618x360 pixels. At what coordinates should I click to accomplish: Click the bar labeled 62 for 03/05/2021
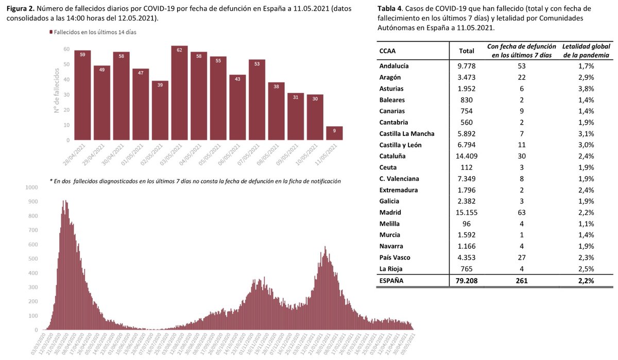[x=179, y=93]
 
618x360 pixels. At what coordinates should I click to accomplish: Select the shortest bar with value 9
[x=334, y=133]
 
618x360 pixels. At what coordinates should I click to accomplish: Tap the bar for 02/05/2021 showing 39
[x=160, y=110]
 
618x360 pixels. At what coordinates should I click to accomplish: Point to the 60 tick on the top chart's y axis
[x=66, y=49]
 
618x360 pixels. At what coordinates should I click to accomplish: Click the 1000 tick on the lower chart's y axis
[x=31, y=187]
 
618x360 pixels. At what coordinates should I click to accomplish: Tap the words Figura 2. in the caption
[x=21, y=8]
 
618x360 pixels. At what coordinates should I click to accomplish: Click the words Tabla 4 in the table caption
[x=391, y=9]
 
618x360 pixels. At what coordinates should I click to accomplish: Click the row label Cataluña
[x=393, y=156]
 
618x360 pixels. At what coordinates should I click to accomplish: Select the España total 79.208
[x=462, y=281]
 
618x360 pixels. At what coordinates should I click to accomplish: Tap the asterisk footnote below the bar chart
[x=195, y=181]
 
